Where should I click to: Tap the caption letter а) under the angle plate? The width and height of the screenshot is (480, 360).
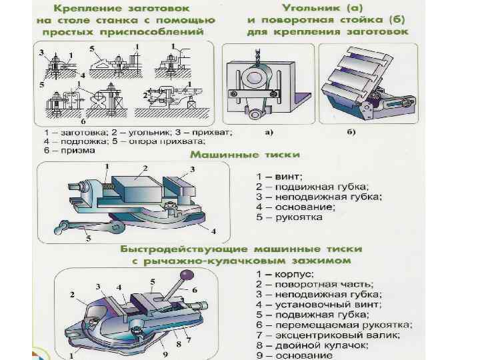[269, 132]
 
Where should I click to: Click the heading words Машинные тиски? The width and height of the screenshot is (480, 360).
[245, 155]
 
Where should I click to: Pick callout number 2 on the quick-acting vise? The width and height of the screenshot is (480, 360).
[71, 293]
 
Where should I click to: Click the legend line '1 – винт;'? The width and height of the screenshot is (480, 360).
[280, 177]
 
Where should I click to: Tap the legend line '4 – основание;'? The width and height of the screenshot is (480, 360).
[296, 207]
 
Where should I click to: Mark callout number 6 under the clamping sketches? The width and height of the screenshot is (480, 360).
[83, 123]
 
